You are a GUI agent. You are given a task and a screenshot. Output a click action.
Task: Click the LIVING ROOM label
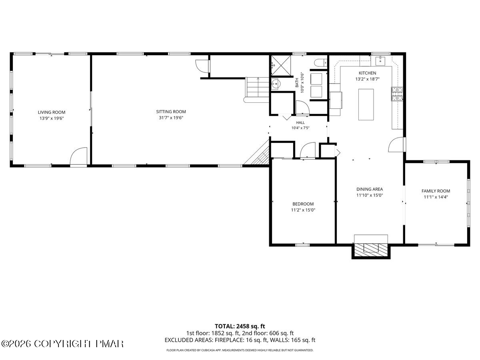click(51, 112)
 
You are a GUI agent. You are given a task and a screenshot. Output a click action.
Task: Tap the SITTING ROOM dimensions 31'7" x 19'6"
click(171, 118)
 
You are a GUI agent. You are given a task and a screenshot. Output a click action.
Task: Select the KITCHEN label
click(367, 73)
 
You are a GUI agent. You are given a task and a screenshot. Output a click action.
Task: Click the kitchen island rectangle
click(366, 104)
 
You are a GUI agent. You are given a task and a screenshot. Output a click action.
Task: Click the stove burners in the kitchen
click(397, 94)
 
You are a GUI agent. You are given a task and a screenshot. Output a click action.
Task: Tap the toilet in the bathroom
click(320, 63)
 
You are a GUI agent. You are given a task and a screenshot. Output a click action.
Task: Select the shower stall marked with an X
click(281, 65)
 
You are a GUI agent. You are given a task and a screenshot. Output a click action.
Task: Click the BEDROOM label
click(303, 204)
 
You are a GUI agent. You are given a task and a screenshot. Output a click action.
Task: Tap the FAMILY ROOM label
click(436, 191)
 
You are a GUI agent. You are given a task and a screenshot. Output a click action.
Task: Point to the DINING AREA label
click(370, 189)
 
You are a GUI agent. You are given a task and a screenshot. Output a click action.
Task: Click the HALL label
click(300, 123)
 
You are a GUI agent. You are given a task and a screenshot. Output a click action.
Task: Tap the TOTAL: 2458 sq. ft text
click(240, 326)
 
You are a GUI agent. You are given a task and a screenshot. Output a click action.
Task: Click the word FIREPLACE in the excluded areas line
click(228, 340)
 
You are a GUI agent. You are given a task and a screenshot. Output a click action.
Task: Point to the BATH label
click(297, 83)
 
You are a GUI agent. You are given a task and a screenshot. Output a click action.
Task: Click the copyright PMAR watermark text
click(62, 344)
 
